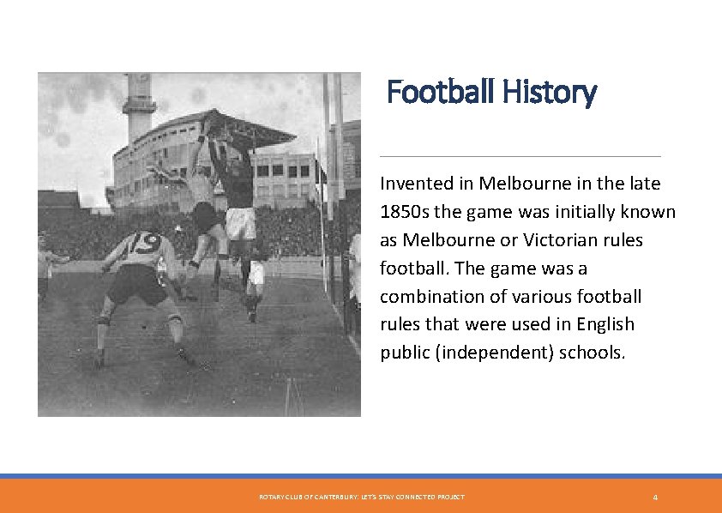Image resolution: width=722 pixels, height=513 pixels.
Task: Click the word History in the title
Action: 550,91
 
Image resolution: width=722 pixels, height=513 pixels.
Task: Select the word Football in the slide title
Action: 441,91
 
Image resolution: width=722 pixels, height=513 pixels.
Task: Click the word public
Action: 405,353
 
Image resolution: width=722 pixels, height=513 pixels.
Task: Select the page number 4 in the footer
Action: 655,498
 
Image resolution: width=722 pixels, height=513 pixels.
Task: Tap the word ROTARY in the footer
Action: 272,498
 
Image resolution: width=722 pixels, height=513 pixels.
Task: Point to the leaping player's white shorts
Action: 240,222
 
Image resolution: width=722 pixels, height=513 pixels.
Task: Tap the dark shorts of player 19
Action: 138,283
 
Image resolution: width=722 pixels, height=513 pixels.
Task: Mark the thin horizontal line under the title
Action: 520,156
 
